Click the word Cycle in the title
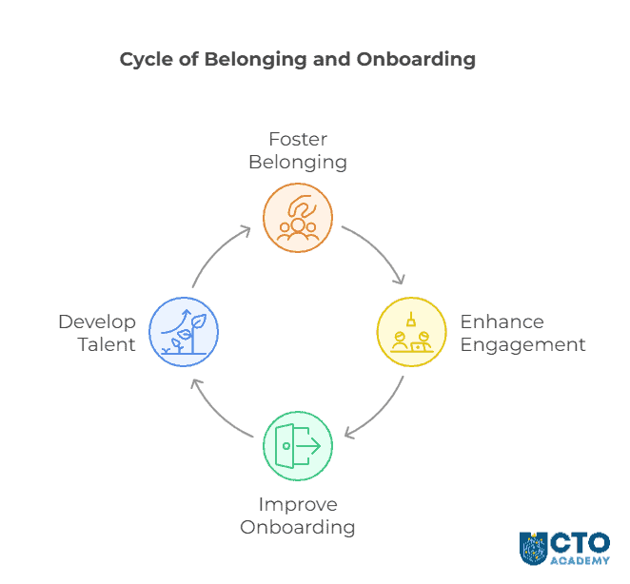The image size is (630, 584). click(147, 59)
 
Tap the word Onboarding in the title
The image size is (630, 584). click(416, 59)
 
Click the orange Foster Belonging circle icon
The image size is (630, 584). click(298, 218)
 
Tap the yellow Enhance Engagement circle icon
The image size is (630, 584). click(412, 332)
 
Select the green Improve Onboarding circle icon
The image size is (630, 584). click(298, 445)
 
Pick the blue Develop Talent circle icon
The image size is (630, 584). click(184, 332)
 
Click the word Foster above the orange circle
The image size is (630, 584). click(298, 140)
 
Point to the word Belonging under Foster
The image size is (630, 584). click(298, 162)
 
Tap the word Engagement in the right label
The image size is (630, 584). click(522, 344)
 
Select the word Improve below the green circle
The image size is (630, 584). click(298, 504)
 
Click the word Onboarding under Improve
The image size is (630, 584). click(298, 527)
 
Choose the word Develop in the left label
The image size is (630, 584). click(97, 321)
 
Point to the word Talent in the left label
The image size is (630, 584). click(106, 344)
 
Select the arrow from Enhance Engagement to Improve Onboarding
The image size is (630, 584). click(379, 414)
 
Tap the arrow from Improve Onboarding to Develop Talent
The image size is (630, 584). click(217, 414)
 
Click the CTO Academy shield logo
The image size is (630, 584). click(533, 548)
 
